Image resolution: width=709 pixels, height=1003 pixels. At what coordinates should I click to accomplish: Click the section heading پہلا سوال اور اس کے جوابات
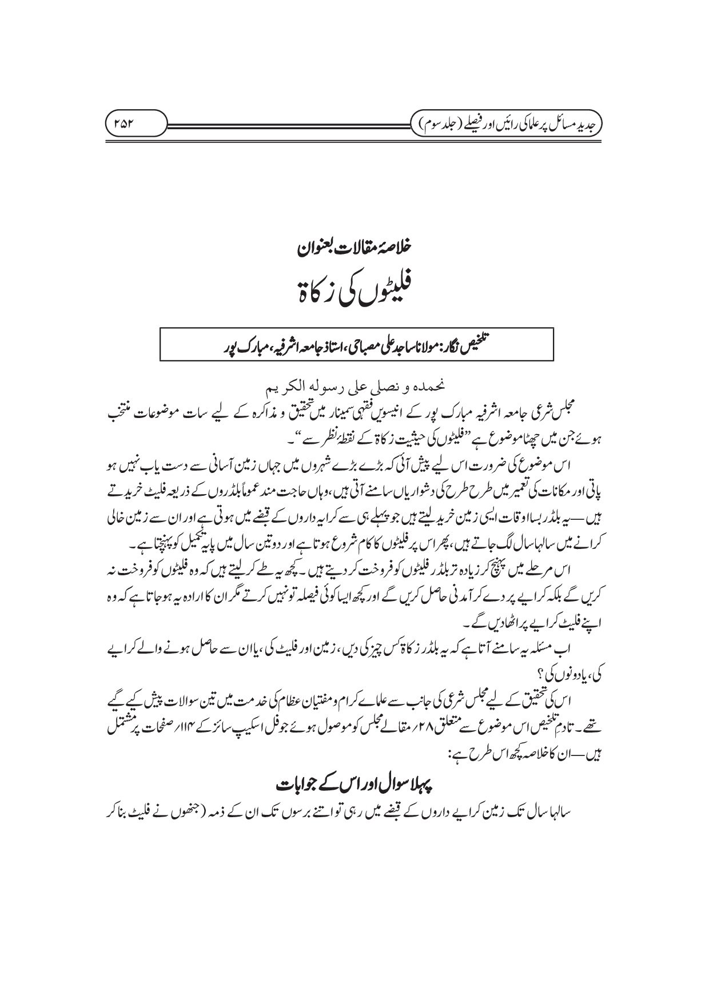(355, 785)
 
